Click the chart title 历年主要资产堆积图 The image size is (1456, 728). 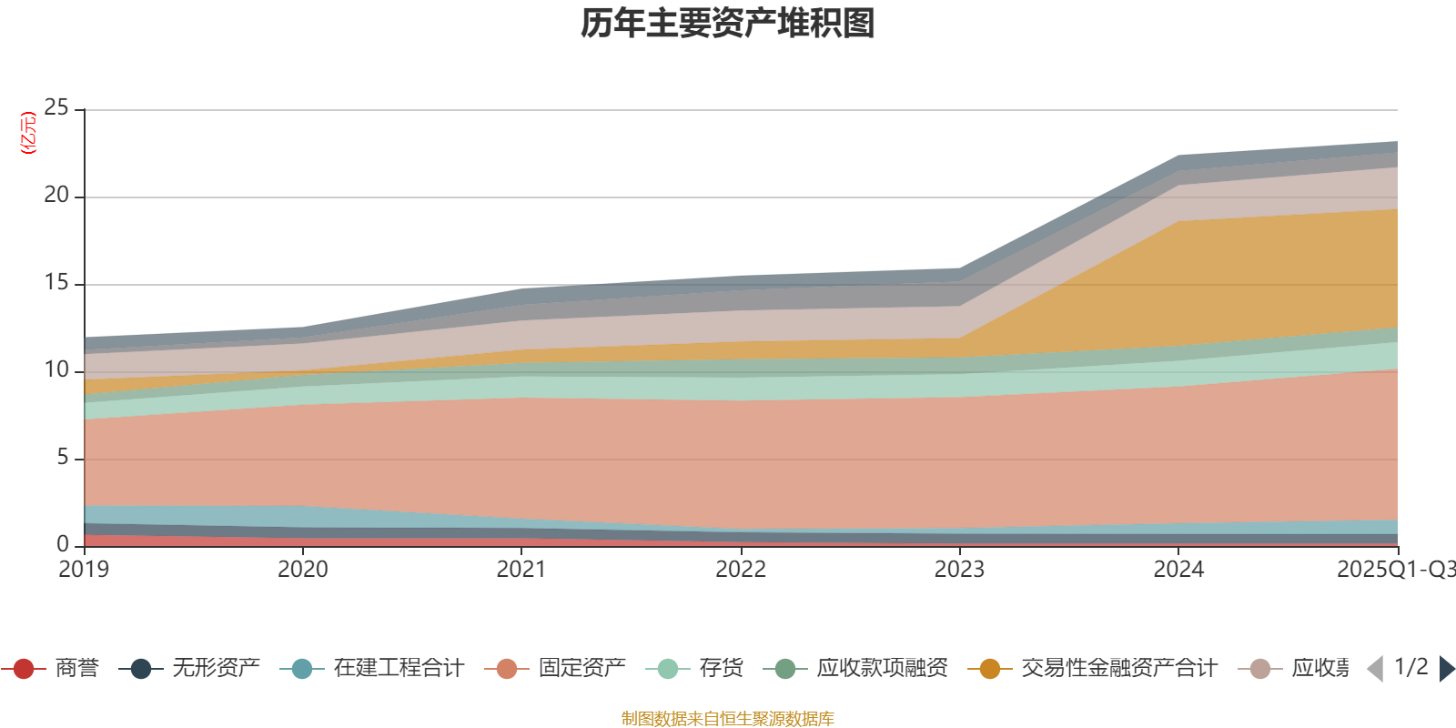pyautogui.click(x=728, y=24)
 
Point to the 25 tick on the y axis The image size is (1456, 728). pyautogui.click(x=56, y=108)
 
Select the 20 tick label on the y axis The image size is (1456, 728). pyautogui.click(x=56, y=196)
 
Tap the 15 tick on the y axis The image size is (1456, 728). pyautogui.click(x=56, y=283)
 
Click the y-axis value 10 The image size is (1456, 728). pyautogui.click(x=56, y=370)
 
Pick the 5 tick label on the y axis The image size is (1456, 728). pyautogui.click(x=63, y=458)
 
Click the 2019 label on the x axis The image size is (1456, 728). pyautogui.click(x=84, y=570)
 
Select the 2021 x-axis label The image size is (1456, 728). pyautogui.click(x=521, y=570)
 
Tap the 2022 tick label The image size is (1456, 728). pyautogui.click(x=741, y=570)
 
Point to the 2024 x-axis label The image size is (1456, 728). pyautogui.click(x=1178, y=570)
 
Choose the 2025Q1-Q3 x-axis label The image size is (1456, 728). pyautogui.click(x=1394, y=570)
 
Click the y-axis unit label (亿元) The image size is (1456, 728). pyautogui.click(x=29, y=133)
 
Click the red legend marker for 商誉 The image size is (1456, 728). pyautogui.click(x=24, y=669)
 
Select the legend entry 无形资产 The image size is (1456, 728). pyautogui.click(x=216, y=669)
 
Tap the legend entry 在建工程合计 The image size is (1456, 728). pyautogui.click(x=398, y=669)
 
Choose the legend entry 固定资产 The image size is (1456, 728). pyautogui.click(x=581, y=669)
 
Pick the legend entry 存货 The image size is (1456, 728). pyautogui.click(x=721, y=669)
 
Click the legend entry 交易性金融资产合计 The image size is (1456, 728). pyautogui.click(x=1118, y=669)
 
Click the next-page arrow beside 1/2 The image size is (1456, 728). pyautogui.click(x=1445, y=669)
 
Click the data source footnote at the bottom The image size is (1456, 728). pyautogui.click(x=728, y=719)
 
